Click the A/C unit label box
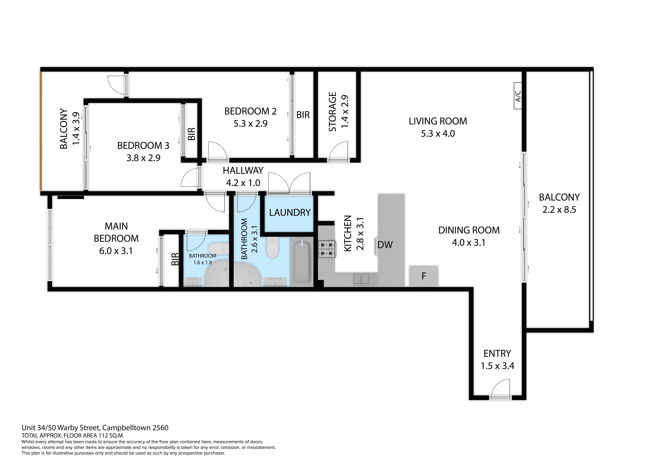click(518, 96)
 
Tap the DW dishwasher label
click(385, 245)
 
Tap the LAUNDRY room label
click(290, 213)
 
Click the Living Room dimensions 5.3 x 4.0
click(438, 133)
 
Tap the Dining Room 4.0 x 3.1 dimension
click(469, 243)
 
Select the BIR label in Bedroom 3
click(191, 134)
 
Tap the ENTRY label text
click(497, 353)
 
